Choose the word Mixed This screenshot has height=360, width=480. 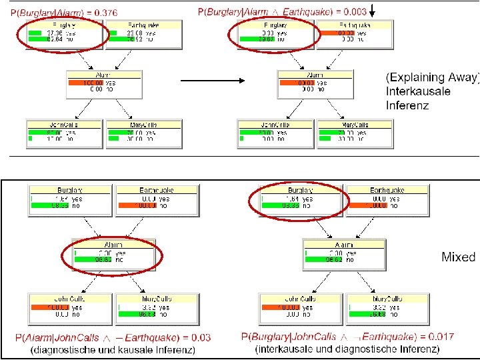click(x=458, y=257)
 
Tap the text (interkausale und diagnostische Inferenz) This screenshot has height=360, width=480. click(x=347, y=349)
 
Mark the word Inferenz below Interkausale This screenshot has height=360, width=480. click(x=407, y=105)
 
